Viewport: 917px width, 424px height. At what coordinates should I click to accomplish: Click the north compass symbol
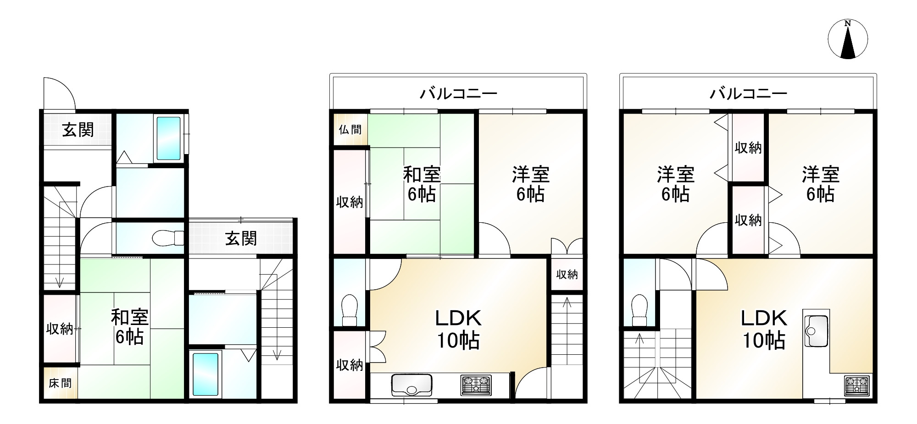[x=848, y=39]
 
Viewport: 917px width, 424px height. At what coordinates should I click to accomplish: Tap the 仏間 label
[x=350, y=130]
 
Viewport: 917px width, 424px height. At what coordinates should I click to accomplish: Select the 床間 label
[x=60, y=383]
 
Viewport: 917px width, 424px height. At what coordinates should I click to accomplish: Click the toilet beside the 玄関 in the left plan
[x=168, y=238]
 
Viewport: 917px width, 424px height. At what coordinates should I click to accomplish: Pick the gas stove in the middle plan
[x=476, y=385]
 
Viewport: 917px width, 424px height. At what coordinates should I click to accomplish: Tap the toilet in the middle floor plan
[x=350, y=310]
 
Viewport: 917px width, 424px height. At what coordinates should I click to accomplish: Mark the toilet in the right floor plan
[x=639, y=310]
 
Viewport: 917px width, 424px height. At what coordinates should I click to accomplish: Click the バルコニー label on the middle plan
[x=458, y=94]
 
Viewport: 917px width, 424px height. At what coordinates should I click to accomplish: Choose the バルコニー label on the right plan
[x=748, y=94]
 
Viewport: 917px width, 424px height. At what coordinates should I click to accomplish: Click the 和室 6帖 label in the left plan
[x=129, y=327]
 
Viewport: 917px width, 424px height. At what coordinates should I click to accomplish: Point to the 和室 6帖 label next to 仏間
[x=422, y=184]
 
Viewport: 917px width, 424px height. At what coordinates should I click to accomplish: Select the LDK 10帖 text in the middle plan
[x=458, y=329]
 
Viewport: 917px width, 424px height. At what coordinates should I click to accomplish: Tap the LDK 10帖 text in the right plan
[x=764, y=329]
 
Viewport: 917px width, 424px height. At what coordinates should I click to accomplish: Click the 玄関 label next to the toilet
[x=241, y=238]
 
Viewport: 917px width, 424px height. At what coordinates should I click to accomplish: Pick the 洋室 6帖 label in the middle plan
[x=531, y=184]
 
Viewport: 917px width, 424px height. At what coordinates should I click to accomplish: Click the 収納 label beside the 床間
[x=60, y=329]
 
